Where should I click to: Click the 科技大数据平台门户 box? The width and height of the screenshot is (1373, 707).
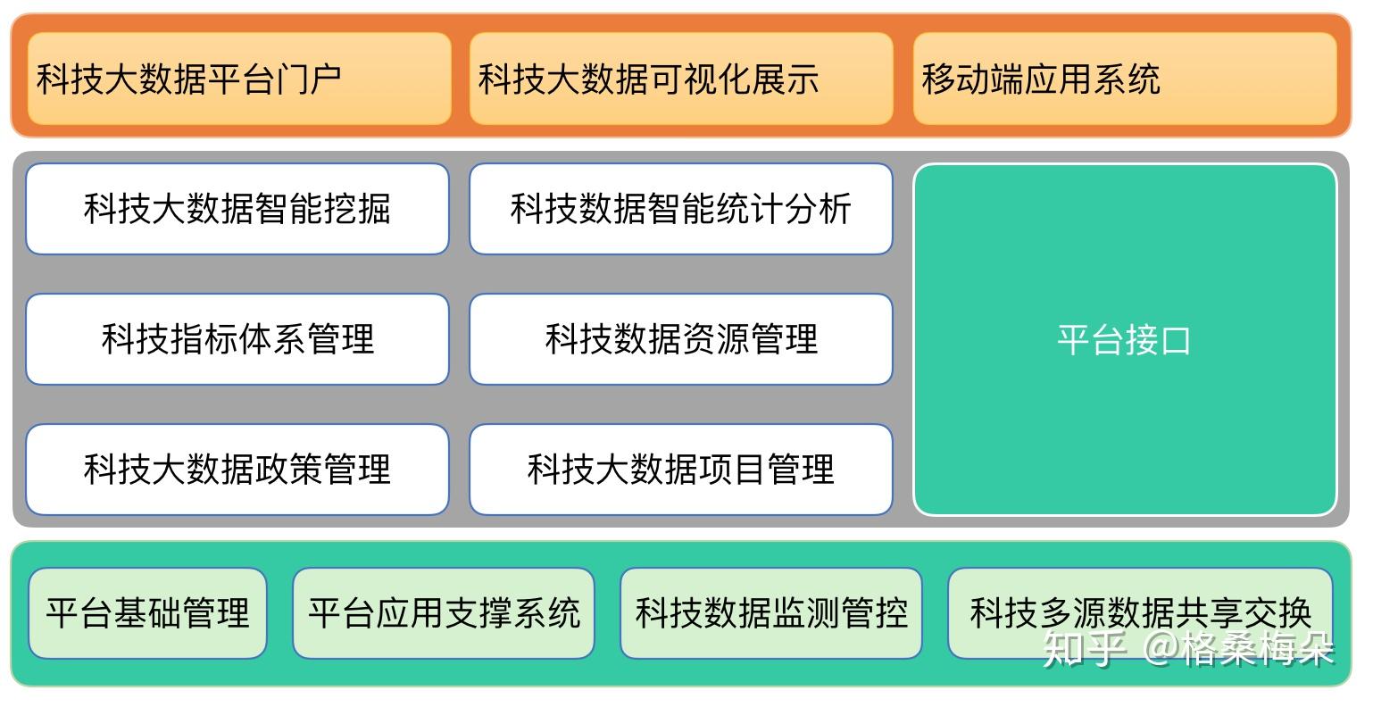point(239,79)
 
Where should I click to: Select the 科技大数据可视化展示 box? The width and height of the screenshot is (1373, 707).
point(681,79)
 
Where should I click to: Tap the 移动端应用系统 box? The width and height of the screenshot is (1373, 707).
point(1125,79)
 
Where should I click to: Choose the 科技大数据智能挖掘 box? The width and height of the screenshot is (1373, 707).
point(237,209)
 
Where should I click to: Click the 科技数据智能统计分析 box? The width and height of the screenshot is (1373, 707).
point(681,209)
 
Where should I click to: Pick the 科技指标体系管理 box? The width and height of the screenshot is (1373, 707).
point(237,339)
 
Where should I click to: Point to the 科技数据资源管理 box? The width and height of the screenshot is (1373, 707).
point(681,339)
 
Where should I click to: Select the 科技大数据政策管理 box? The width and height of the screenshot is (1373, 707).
point(237,470)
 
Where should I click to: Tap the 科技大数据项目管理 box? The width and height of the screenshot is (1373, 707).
point(681,470)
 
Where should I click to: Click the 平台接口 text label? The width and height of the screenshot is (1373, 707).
point(1124,340)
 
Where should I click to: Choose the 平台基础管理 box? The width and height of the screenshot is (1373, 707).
point(148,613)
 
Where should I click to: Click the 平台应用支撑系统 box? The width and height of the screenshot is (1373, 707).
point(444,613)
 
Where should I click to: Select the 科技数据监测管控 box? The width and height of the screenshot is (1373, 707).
point(771,613)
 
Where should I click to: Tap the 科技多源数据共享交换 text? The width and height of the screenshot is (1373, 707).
point(1140,611)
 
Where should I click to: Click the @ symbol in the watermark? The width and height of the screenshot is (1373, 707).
point(1160,649)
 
